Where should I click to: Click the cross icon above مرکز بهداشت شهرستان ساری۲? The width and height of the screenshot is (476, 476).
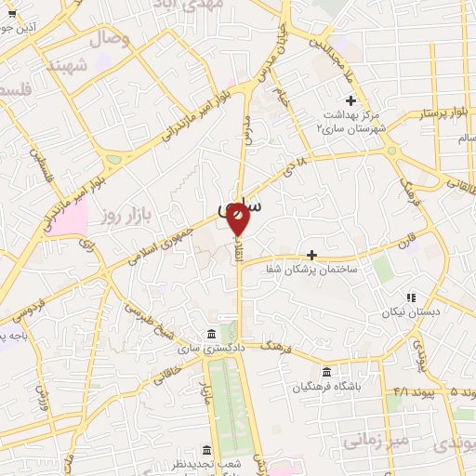[x=350, y=100]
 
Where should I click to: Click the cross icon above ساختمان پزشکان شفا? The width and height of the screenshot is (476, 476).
[x=311, y=255]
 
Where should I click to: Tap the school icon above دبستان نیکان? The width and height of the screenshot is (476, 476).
[x=410, y=297]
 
